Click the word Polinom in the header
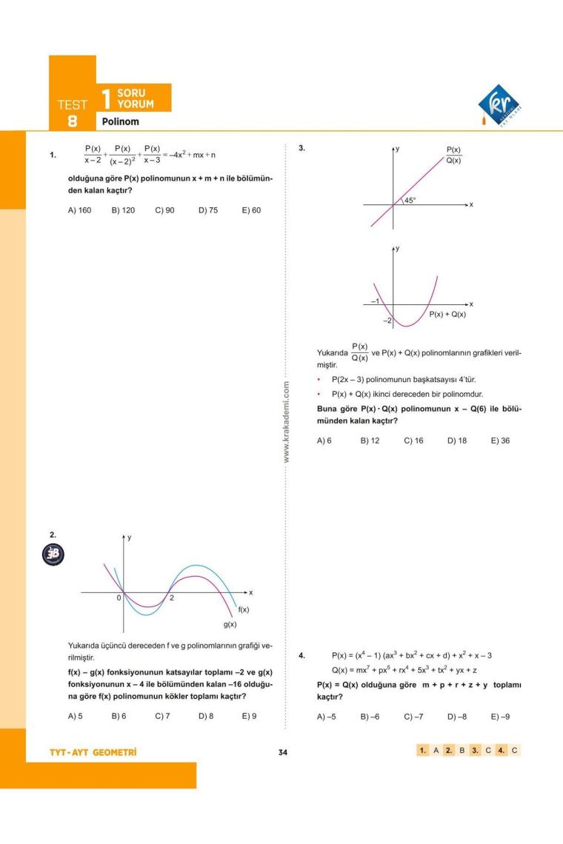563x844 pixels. tap(121, 121)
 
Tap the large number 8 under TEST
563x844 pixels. tap(72, 121)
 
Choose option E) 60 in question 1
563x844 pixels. tap(251, 210)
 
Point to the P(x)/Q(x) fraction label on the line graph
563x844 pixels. tap(453, 155)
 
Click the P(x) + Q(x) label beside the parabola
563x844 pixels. tap(447, 314)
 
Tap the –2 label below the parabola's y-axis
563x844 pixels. tap(387, 321)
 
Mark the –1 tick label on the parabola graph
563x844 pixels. tap(376, 302)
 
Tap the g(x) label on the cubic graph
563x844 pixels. tap(230, 625)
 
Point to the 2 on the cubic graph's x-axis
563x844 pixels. tap(171, 598)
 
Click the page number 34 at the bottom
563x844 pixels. tap(282, 753)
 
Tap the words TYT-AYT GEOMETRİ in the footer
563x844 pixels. tap(93, 753)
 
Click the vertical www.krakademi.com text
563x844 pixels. tap(287, 422)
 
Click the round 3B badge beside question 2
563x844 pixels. tap(54, 555)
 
